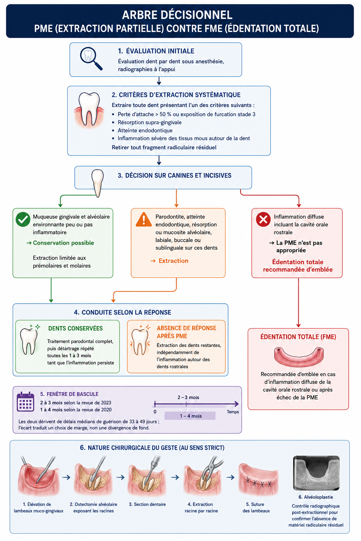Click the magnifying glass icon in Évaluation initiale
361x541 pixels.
click(x=91, y=58)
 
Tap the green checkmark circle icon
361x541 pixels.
click(x=23, y=219)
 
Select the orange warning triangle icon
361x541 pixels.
click(x=143, y=219)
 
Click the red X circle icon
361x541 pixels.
click(x=263, y=219)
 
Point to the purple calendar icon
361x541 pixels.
click(x=25, y=402)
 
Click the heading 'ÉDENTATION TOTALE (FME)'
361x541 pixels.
click(x=298, y=337)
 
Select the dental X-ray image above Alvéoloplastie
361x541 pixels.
click(x=316, y=473)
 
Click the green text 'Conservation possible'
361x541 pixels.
click(x=63, y=243)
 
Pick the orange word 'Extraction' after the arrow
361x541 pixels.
click(x=173, y=261)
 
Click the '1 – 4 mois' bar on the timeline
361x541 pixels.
click(x=190, y=416)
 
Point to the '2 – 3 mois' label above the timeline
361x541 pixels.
click(x=188, y=397)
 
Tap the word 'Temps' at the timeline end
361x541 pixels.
click(x=233, y=412)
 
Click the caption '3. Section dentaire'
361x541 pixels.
click(x=147, y=504)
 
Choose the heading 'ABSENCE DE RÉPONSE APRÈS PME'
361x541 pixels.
click(x=186, y=332)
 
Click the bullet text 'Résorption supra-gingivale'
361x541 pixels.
click(x=149, y=123)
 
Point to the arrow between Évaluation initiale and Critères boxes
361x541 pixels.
click(x=159, y=81)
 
